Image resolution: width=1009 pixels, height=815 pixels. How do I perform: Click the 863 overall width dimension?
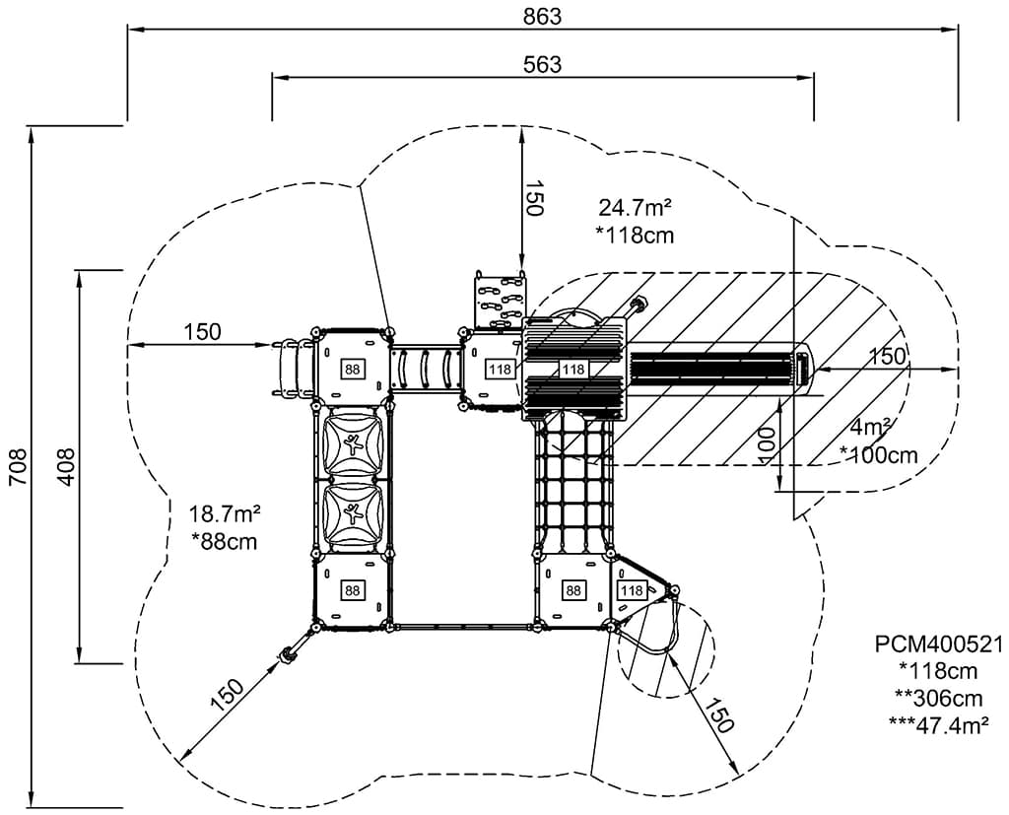(x=542, y=16)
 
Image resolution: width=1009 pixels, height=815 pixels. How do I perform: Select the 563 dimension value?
(x=542, y=64)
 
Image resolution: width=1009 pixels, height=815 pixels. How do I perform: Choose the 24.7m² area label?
(x=635, y=208)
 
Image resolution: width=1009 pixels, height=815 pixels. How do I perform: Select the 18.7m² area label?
(x=225, y=513)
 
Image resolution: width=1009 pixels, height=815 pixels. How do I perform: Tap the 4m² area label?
(x=871, y=428)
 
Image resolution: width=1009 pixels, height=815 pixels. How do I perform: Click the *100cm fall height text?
(x=878, y=454)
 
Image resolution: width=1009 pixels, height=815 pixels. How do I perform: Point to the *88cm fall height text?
(x=225, y=541)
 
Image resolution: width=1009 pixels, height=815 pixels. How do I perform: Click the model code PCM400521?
(x=939, y=645)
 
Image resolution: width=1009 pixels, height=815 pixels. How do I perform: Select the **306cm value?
(x=937, y=698)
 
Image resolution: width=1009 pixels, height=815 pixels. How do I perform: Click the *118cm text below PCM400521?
(x=937, y=671)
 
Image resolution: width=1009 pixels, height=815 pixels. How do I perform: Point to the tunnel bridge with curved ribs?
(x=425, y=368)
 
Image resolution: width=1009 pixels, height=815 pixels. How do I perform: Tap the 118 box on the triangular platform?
(x=632, y=590)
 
